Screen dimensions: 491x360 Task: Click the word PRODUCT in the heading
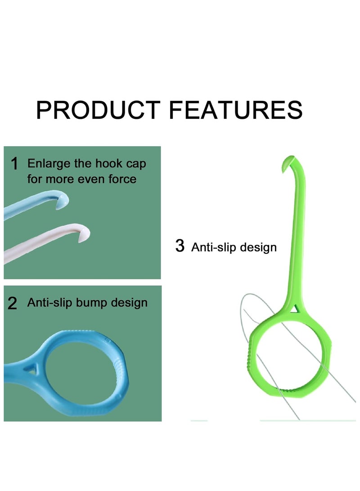pos(98,110)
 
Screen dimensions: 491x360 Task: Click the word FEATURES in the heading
pos(236,110)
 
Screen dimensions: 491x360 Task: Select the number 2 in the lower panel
pos(13,304)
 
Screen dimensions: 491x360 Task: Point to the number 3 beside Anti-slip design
pos(180,246)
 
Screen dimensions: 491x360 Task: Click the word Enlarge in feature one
pos(46,163)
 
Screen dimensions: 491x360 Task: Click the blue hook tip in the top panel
pos(66,197)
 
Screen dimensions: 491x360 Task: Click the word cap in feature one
pos(135,164)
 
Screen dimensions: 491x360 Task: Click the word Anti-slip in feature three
pos(213,247)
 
